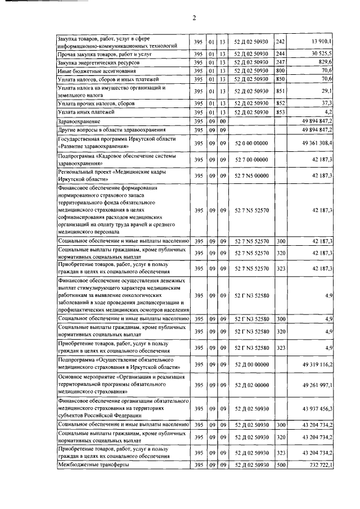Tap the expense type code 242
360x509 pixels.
pos(281,42)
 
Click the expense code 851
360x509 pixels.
pos(281,92)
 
